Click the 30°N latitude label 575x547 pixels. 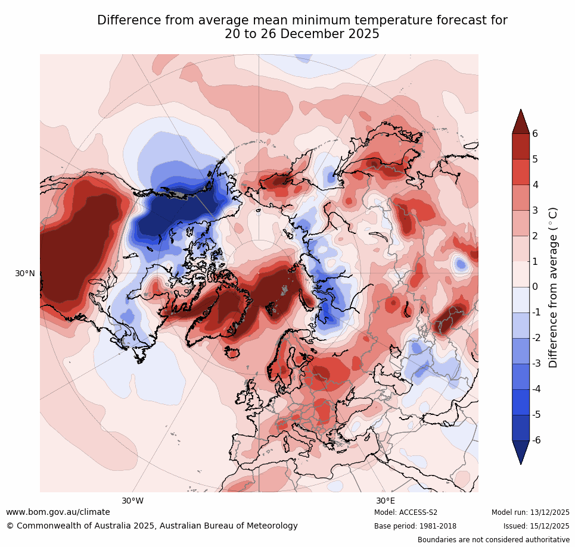(25, 273)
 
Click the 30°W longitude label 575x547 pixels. (133, 501)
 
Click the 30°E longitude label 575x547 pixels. (386, 501)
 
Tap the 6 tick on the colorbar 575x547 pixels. (535, 133)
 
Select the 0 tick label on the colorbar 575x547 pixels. (535, 287)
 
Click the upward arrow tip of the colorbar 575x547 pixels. (521, 110)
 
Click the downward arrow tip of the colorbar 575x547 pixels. (521, 463)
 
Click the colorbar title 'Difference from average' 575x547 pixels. (553, 287)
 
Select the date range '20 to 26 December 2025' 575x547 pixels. (302, 35)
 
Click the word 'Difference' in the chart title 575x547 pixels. (126, 20)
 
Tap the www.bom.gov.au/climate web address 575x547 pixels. (58, 512)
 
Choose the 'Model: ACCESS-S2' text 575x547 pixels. (406, 512)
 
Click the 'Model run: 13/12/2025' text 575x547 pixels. (530, 512)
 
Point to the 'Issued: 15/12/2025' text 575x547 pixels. (536, 526)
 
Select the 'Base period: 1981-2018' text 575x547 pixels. (415, 526)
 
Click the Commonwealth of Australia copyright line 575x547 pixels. (152, 526)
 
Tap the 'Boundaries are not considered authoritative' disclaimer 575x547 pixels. (493, 540)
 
